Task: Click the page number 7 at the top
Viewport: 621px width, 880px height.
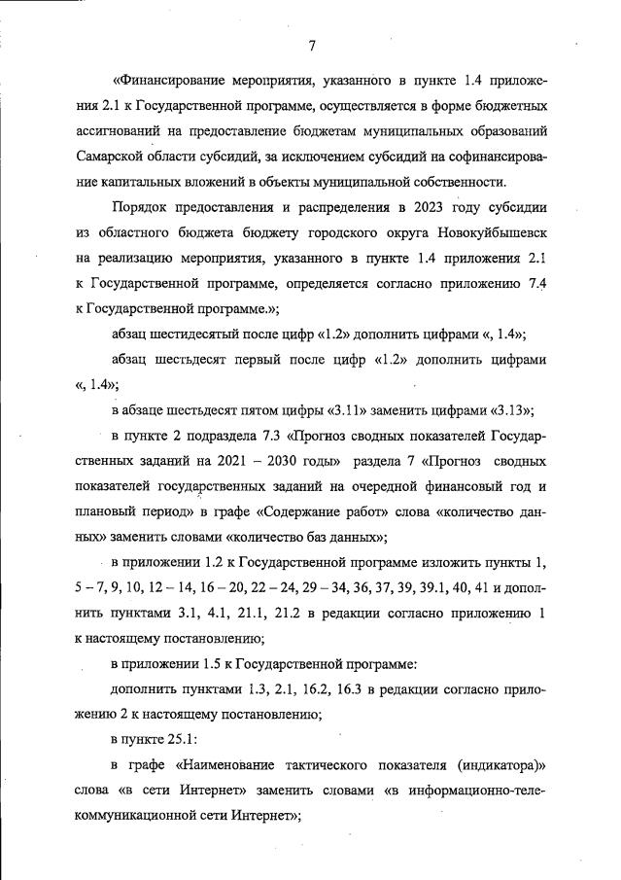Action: [311, 47]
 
